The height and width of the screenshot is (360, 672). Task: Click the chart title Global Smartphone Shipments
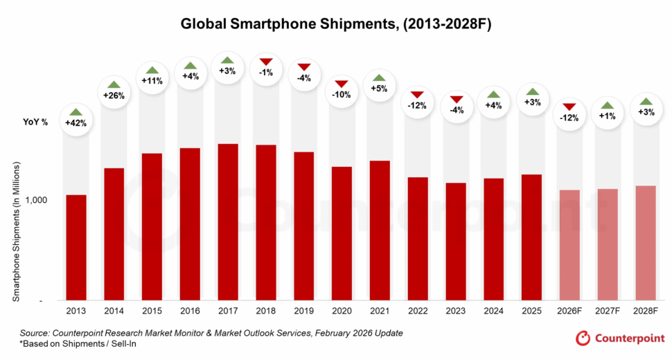[335, 24]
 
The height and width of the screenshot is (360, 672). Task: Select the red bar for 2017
[228, 222]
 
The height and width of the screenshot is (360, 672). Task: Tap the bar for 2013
[76, 247]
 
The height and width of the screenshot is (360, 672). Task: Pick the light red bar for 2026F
[569, 245]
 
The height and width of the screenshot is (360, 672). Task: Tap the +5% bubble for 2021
[380, 87]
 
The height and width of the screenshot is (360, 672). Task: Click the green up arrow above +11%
[152, 69]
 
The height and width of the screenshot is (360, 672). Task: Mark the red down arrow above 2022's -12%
[417, 94]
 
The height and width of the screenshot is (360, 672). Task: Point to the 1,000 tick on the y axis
[37, 200]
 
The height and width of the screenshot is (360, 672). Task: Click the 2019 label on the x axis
[303, 312]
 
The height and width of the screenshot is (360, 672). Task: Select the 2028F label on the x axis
[645, 312]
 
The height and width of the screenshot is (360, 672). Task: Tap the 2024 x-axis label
[493, 312]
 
